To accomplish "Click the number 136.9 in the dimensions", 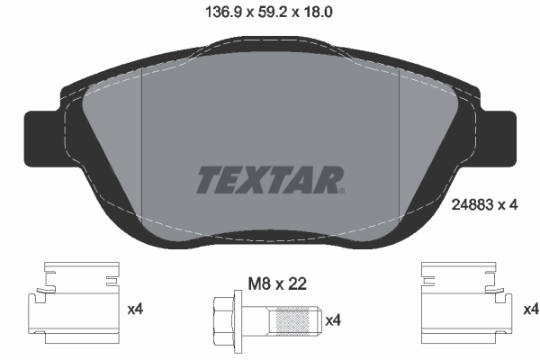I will click(x=213, y=12).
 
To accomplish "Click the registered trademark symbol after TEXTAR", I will click(x=341, y=191).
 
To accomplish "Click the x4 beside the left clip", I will click(x=135, y=310).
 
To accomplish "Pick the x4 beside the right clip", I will click(x=529, y=310).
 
